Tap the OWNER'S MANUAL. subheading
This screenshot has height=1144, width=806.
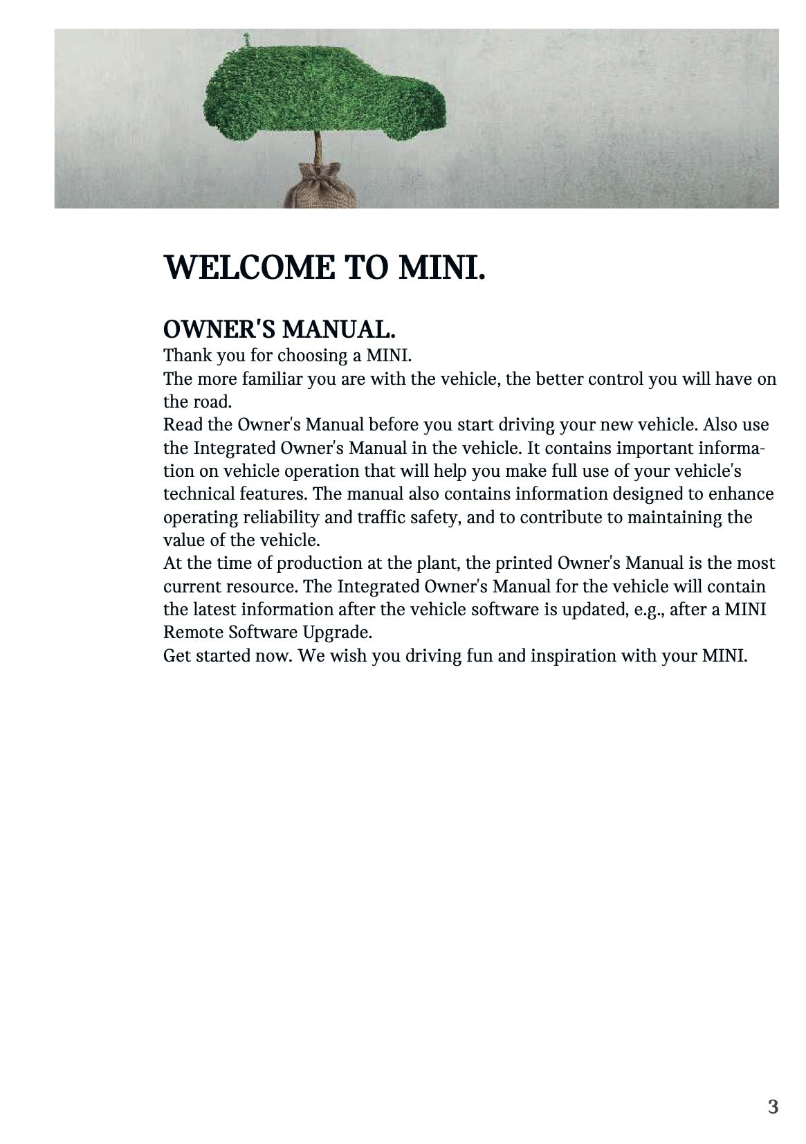pyautogui.click(x=280, y=328)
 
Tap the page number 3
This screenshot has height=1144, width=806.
pyautogui.click(x=773, y=1107)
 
